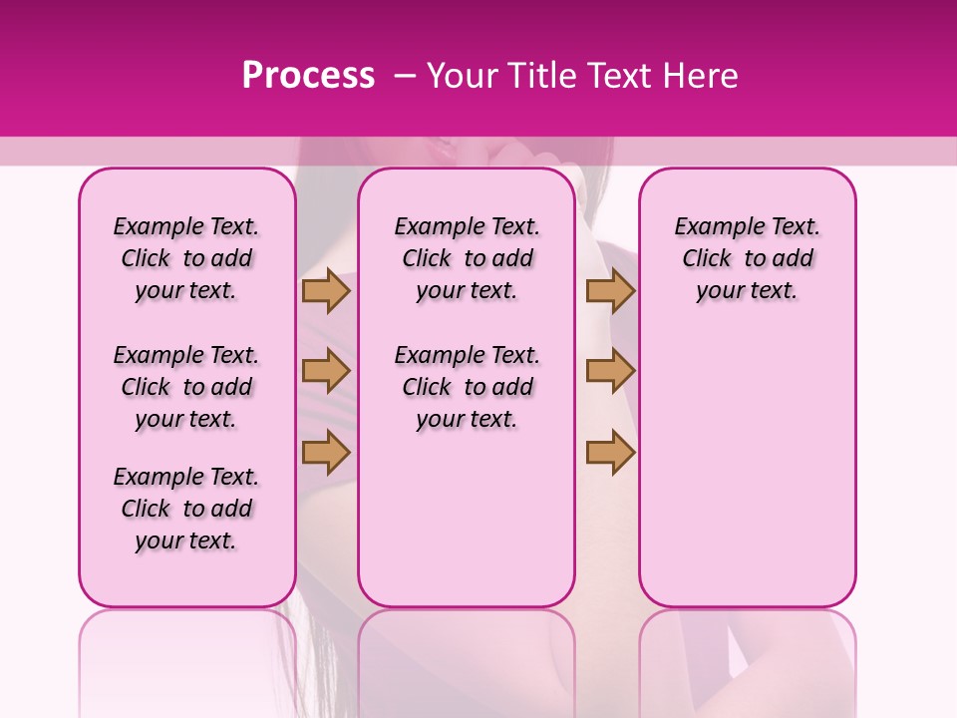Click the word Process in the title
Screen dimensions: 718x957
tap(308, 76)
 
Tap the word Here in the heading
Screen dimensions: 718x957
tap(701, 76)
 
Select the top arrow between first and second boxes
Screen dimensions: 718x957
tap(326, 291)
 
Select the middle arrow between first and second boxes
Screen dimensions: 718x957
tap(326, 371)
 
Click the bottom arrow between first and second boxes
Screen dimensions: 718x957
tap(326, 452)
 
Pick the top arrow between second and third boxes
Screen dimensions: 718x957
tap(610, 291)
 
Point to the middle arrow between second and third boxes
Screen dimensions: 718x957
tap(610, 371)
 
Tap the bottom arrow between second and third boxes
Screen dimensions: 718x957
tap(610, 452)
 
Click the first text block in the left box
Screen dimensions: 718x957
tap(186, 258)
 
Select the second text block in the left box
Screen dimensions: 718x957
tap(186, 387)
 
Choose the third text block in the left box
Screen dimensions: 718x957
tap(186, 509)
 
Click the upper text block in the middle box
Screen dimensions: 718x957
tap(467, 258)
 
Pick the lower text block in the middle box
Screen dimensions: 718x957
tap(467, 387)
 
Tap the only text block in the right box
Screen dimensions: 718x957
tap(747, 258)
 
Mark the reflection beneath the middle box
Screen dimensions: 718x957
tap(467, 658)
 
